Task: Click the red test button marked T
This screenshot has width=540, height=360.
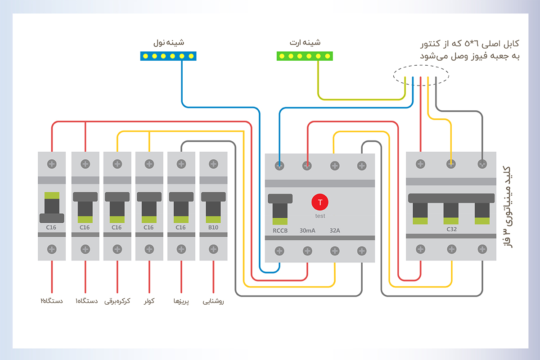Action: click(x=320, y=202)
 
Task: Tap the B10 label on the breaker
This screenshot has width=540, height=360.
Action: click(x=213, y=228)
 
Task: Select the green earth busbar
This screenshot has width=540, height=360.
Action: click(x=305, y=56)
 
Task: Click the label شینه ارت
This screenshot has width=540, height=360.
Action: click(x=305, y=43)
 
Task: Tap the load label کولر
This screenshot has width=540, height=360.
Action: click(x=149, y=301)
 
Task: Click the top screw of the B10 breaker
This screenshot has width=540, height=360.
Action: click(x=213, y=164)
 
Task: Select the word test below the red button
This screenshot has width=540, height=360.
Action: click(x=320, y=216)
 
